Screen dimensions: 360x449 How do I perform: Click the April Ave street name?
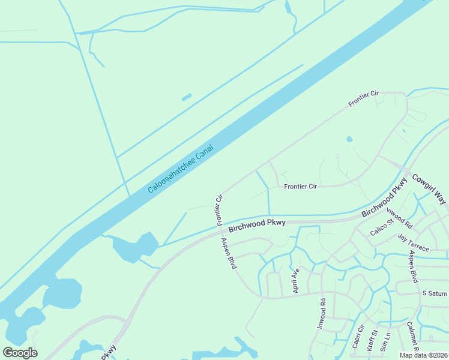point(295,280)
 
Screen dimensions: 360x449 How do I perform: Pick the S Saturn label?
point(435,293)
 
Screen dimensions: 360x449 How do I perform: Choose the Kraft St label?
point(373,340)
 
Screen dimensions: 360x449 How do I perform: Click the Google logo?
point(20,352)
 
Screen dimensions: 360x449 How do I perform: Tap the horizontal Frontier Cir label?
point(300,187)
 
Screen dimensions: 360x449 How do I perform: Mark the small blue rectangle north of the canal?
point(187,97)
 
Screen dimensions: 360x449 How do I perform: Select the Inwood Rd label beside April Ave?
point(321,314)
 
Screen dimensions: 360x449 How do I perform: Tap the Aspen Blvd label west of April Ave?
point(229,254)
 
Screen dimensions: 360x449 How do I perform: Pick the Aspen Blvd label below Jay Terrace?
point(414,267)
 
